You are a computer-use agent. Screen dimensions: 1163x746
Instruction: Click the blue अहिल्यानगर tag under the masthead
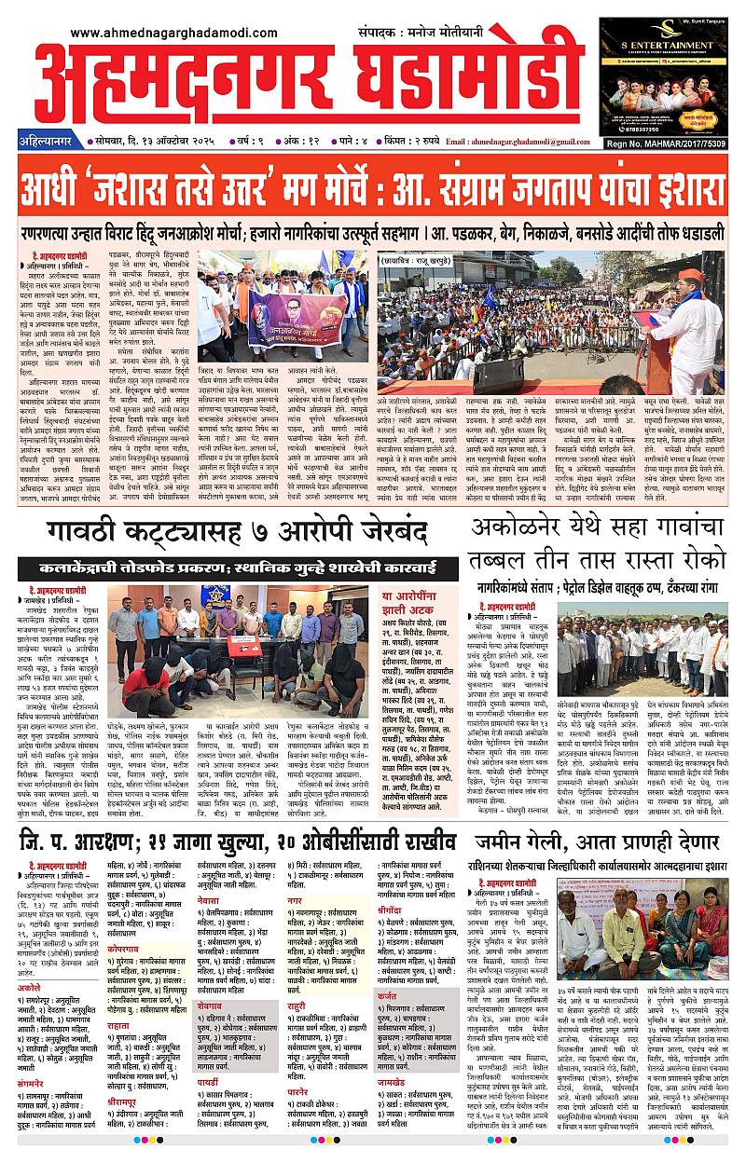[x=44, y=143]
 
